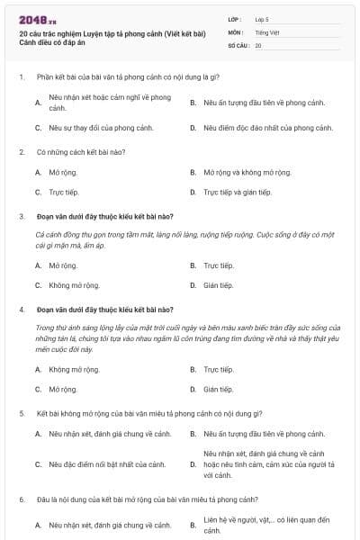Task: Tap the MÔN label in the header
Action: [x=235, y=31]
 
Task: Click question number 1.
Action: [x=22, y=78]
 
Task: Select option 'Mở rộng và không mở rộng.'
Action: [x=247, y=171]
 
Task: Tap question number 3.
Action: [x=22, y=216]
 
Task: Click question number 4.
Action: [x=22, y=310]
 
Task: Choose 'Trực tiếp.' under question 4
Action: [x=218, y=369]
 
